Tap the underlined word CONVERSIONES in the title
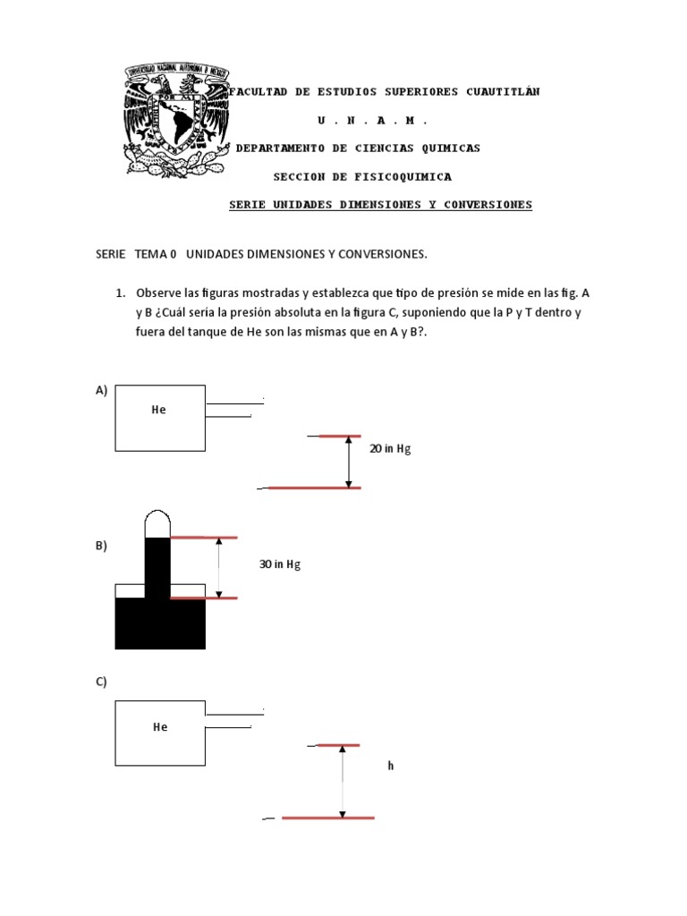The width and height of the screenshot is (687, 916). (489, 205)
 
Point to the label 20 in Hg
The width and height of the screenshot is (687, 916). (390, 449)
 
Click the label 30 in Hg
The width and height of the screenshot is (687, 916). (280, 564)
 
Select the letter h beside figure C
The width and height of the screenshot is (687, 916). (391, 766)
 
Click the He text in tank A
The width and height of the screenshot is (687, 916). (159, 410)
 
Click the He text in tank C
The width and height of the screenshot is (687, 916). (160, 727)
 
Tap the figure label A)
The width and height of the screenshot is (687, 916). (101, 390)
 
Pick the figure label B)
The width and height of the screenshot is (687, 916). (101, 546)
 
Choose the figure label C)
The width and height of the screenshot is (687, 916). (101, 682)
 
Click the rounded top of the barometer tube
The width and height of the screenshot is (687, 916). (157, 520)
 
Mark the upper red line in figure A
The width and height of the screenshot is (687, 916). (340, 437)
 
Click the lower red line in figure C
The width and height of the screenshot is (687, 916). (327, 818)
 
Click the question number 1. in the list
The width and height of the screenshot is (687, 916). (119, 293)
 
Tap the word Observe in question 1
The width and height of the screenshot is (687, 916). (157, 293)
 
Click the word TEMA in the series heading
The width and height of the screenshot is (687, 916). (149, 255)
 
